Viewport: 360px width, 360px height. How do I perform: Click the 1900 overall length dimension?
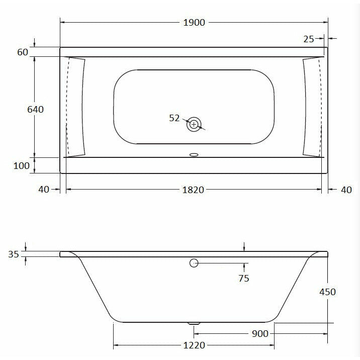pyautogui.click(x=194, y=23)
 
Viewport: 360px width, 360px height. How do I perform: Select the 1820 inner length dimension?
pyautogui.click(x=194, y=190)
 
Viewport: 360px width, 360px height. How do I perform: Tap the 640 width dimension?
pyautogui.click(x=36, y=109)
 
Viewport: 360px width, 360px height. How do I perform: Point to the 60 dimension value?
pyautogui.click(x=22, y=52)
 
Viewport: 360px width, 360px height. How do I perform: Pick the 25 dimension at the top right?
pyautogui.click(x=309, y=39)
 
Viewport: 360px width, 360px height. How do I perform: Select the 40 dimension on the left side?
pyautogui.click(x=43, y=190)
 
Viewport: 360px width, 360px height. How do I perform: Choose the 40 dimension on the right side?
pyautogui.click(x=346, y=190)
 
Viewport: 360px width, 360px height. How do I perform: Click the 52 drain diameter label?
pyautogui.click(x=174, y=118)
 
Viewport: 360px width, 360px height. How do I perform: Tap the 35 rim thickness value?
pyautogui.click(x=14, y=254)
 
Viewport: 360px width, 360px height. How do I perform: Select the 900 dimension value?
pyautogui.click(x=260, y=334)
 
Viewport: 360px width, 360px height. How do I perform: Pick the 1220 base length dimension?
pyautogui.click(x=194, y=345)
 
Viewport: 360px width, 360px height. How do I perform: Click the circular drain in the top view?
pyautogui.click(x=194, y=124)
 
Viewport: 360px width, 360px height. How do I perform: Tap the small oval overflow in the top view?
pyautogui.click(x=194, y=155)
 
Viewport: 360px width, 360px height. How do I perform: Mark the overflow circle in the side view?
pyautogui.click(x=194, y=263)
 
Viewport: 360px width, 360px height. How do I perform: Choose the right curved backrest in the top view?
pyautogui.click(x=312, y=107)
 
